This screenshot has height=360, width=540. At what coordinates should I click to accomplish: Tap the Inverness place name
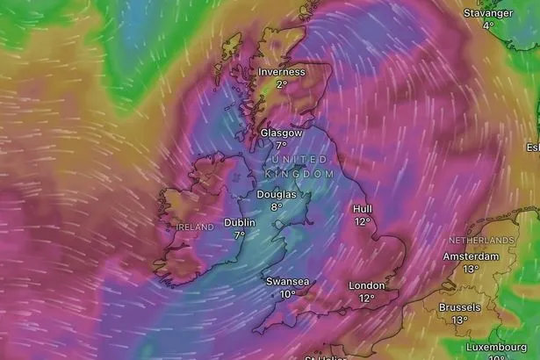click(281, 72)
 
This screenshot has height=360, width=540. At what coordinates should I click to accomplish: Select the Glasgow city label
click(281, 133)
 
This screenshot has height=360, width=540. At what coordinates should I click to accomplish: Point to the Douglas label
click(277, 194)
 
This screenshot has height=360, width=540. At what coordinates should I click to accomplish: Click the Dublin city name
click(240, 222)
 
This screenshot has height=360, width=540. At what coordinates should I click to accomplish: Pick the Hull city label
click(363, 209)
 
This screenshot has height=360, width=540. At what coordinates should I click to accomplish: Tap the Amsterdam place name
click(471, 256)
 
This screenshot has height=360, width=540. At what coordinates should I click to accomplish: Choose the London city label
click(367, 285)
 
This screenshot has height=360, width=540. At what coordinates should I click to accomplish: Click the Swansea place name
click(287, 282)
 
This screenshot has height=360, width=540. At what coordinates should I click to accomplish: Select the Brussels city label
click(460, 307)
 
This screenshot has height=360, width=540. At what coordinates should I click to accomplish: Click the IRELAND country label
click(195, 227)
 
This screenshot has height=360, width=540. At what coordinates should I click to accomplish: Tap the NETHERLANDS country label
click(481, 240)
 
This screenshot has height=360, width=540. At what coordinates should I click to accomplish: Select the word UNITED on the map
click(299, 159)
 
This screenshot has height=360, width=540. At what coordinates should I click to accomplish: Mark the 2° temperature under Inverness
click(281, 84)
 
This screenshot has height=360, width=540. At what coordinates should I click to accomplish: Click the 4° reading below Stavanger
click(489, 25)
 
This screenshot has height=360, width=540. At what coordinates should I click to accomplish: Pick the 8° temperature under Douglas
click(277, 207)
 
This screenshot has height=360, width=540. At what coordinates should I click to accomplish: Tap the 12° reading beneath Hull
click(363, 222)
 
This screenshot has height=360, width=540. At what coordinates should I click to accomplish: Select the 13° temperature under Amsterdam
click(471, 270)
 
